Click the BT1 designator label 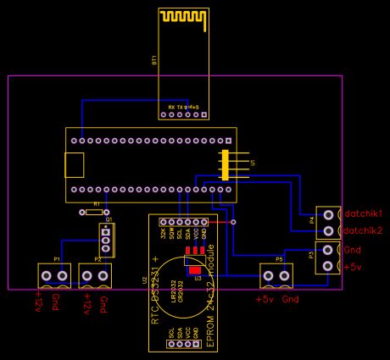pyautogui.click(x=154, y=60)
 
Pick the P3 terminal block pyautogui.click(x=327, y=258)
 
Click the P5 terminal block pyautogui.click(x=276, y=275)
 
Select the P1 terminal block pyautogui.click(x=54, y=275)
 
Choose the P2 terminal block pyautogui.click(x=95, y=275)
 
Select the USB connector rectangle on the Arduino pyautogui.click(x=75, y=164)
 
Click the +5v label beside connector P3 pyautogui.click(x=353, y=267)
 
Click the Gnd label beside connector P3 pyautogui.click(x=353, y=250)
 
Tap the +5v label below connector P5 pyautogui.click(x=265, y=299)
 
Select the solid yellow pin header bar pyautogui.click(x=225, y=164)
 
